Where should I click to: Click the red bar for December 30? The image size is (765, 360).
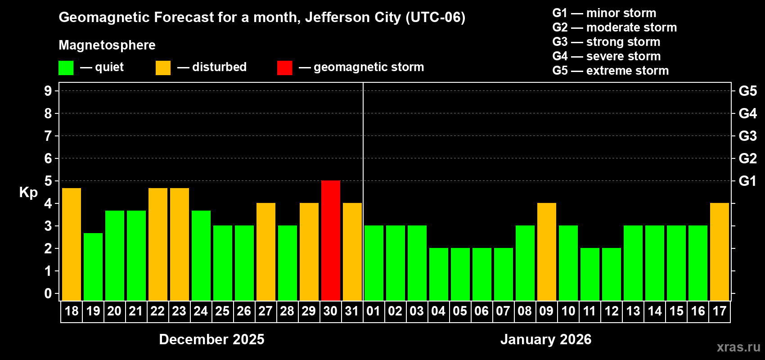tap(331, 240)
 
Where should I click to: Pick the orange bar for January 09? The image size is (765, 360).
tap(547, 252)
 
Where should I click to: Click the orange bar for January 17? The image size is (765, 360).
tap(720, 252)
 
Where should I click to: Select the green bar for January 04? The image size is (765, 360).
tap(439, 274)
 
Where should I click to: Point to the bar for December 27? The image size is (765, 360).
tap(266, 252)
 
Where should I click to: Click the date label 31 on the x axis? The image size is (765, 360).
tap(352, 311)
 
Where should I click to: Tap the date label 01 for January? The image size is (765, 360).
tap(373, 311)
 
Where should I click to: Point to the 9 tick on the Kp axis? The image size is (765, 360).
tap(48, 91)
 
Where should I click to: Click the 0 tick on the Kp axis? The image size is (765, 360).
tap(48, 294)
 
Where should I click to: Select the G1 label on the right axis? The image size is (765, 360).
tap(747, 181)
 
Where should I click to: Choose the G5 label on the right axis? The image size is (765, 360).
tap(747, 91)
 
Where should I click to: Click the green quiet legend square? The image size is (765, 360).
tap(66, 68)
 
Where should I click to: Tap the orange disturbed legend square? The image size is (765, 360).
tap(163, 68)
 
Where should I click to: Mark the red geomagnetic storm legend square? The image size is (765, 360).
tap(284, 68)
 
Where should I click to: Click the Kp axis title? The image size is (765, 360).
tap(28, 193)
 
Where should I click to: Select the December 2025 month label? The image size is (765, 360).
tap(211, 339)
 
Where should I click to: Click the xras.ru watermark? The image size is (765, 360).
tap(738, 347)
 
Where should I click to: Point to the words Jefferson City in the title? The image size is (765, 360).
tap(353, 17)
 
